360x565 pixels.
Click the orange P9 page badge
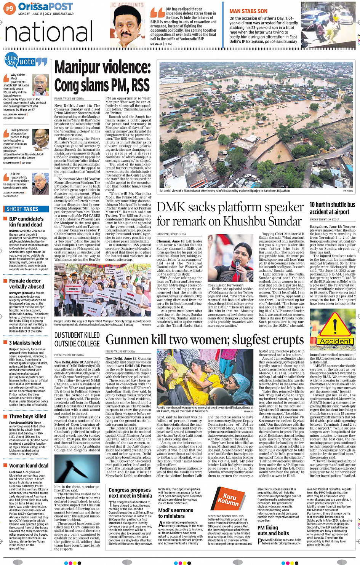(x=10, y=8)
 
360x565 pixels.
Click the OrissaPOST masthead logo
(x=45, y=7)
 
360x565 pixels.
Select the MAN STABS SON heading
(x=248, y=11)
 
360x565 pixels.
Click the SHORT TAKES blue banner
(x=26, y=209)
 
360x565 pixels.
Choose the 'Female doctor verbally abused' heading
(x=27, y=284)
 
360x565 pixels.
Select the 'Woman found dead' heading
(x=29, y=466)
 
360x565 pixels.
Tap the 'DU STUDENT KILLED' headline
(x=77, y=339)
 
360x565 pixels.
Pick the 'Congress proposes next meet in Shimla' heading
(x=130, y=493)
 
